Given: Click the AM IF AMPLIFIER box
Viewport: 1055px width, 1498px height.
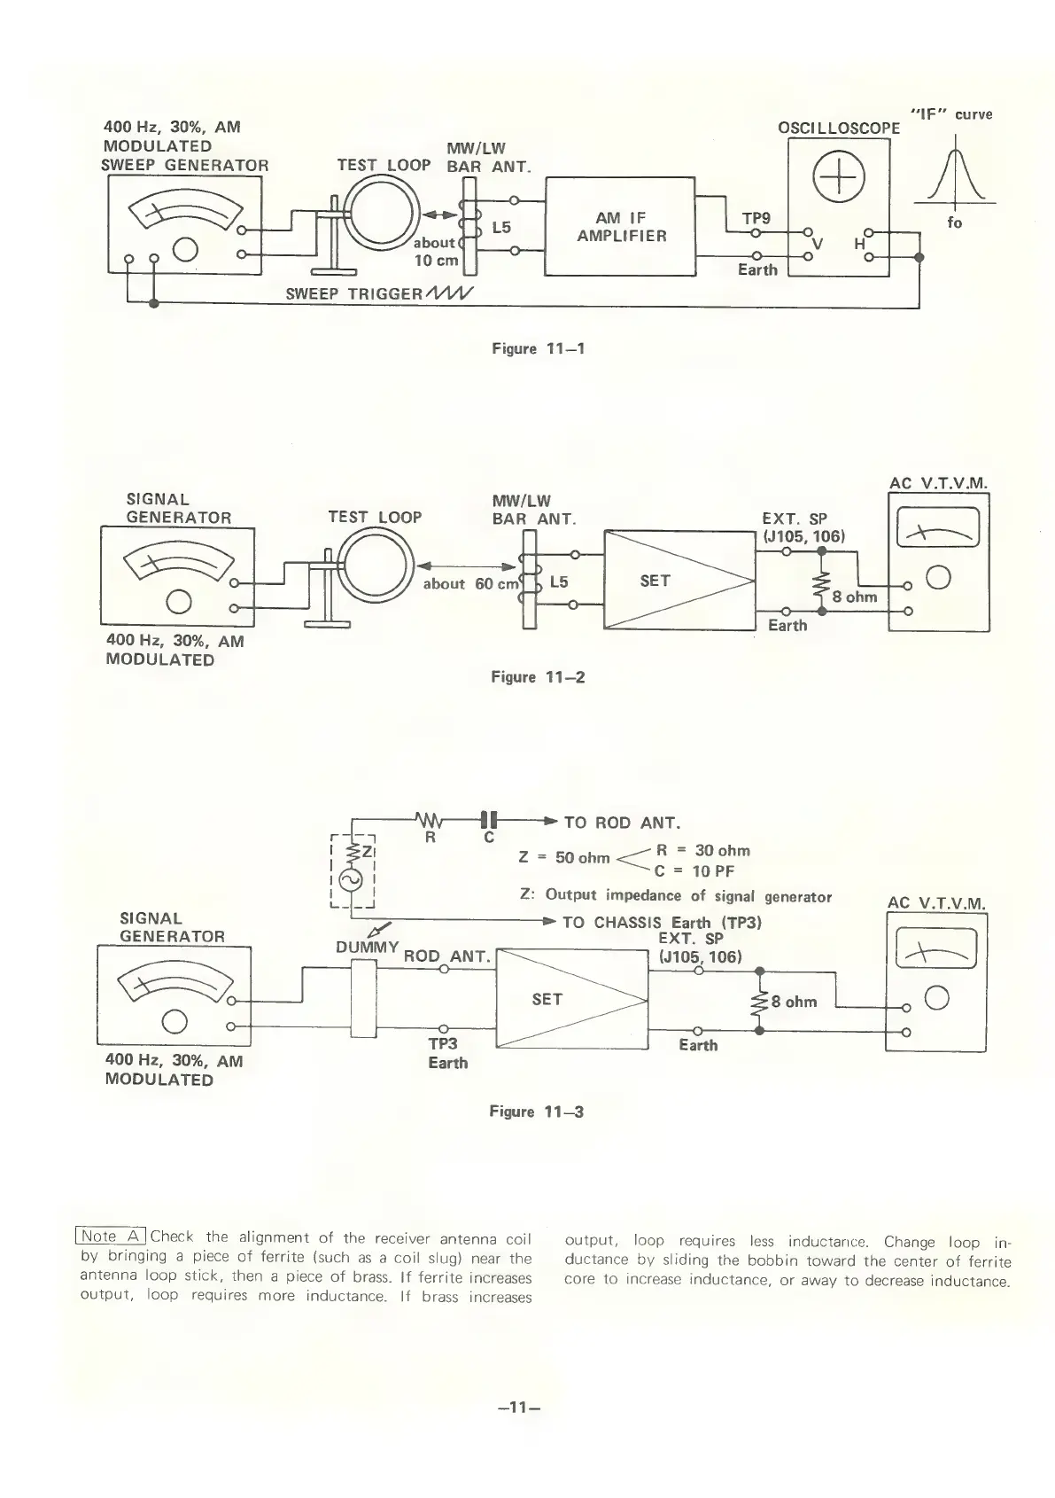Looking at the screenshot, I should (620, 227).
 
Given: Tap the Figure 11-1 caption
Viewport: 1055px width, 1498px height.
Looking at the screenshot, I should (538, 348).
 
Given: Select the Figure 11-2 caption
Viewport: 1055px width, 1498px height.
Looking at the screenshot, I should (538, 677).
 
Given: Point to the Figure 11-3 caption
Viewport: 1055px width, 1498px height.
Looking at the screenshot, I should (536, 1112).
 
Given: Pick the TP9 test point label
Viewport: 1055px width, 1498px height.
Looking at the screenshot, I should (756, 217).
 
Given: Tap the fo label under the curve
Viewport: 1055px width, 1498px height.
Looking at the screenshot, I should (954, 222).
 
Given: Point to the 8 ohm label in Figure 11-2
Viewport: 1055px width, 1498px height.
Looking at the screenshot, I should (854, 597).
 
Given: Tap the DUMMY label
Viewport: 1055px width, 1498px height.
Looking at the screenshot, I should (368, 947).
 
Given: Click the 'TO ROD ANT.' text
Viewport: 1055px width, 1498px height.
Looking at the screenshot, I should (621, 823).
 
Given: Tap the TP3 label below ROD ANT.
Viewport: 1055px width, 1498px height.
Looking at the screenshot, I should (442, 1044).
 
